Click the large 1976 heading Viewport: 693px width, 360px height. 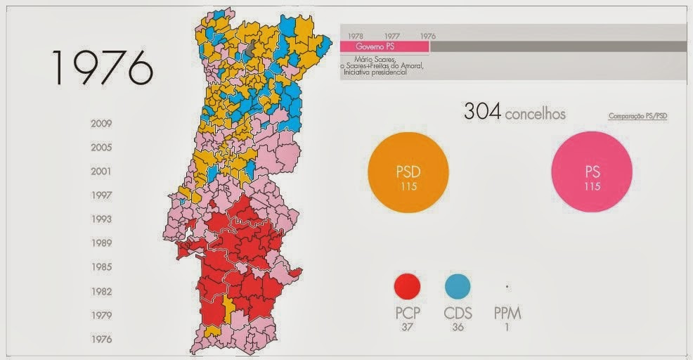(x=101, y=67)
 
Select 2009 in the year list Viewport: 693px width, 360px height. (x=101, y=124)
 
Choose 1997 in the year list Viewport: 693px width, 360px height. (x=101, y=195)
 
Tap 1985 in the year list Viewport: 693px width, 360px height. (x=101, y=267)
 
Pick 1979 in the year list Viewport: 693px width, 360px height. (x=101, y=315)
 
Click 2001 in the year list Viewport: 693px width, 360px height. (x=101, y=172)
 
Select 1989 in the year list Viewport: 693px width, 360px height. (x=101, y=243)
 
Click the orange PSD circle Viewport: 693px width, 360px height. (x=408, y=172)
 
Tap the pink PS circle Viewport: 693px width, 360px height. (x=592, y=172)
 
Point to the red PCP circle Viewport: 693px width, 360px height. (x=408, y=287)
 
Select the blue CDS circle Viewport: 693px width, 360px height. (x=458, y=287)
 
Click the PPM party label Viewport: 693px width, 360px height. (x=507, y=314)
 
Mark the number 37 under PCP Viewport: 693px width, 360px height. (x=408, y=327)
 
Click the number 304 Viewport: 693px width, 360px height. (x=481, y=112)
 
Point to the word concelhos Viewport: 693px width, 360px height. (x=535, y=113)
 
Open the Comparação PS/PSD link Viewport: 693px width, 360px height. (x=637, y=116)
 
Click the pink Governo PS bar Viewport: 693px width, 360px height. (x=384, y=46)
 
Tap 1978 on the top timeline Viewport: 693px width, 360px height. (x=356, y=35)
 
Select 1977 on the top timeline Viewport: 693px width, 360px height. (x=391, y=35)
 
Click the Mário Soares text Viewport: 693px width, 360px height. (x=377, y=60)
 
